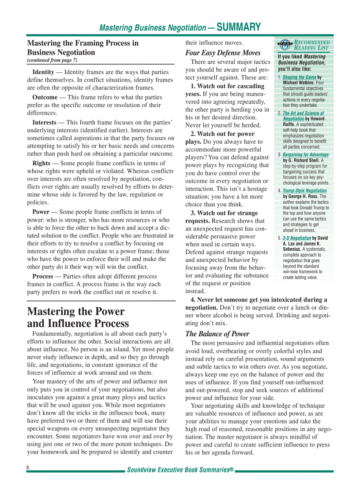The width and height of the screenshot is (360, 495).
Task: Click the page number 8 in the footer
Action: click(28, 468)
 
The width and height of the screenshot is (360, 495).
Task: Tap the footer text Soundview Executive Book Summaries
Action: click(180, 470)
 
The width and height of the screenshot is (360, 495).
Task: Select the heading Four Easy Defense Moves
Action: click(223, 53)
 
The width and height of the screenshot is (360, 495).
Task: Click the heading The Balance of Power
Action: click(217, 334)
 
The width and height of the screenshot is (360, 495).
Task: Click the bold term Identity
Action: click(43, 72)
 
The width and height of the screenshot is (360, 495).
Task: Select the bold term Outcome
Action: click(45, 97)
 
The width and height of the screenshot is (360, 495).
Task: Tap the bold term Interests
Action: click(45, 122)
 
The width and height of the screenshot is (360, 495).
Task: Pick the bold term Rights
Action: click(41, 163)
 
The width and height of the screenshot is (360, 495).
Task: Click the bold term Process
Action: click(43, 276)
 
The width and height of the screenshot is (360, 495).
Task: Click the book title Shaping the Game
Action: click(299, 77)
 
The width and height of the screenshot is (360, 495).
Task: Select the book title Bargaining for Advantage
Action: click(306, 155)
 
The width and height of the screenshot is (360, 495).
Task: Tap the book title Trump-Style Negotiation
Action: click(305, 190)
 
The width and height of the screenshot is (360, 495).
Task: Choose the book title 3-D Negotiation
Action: click(297, 238)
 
